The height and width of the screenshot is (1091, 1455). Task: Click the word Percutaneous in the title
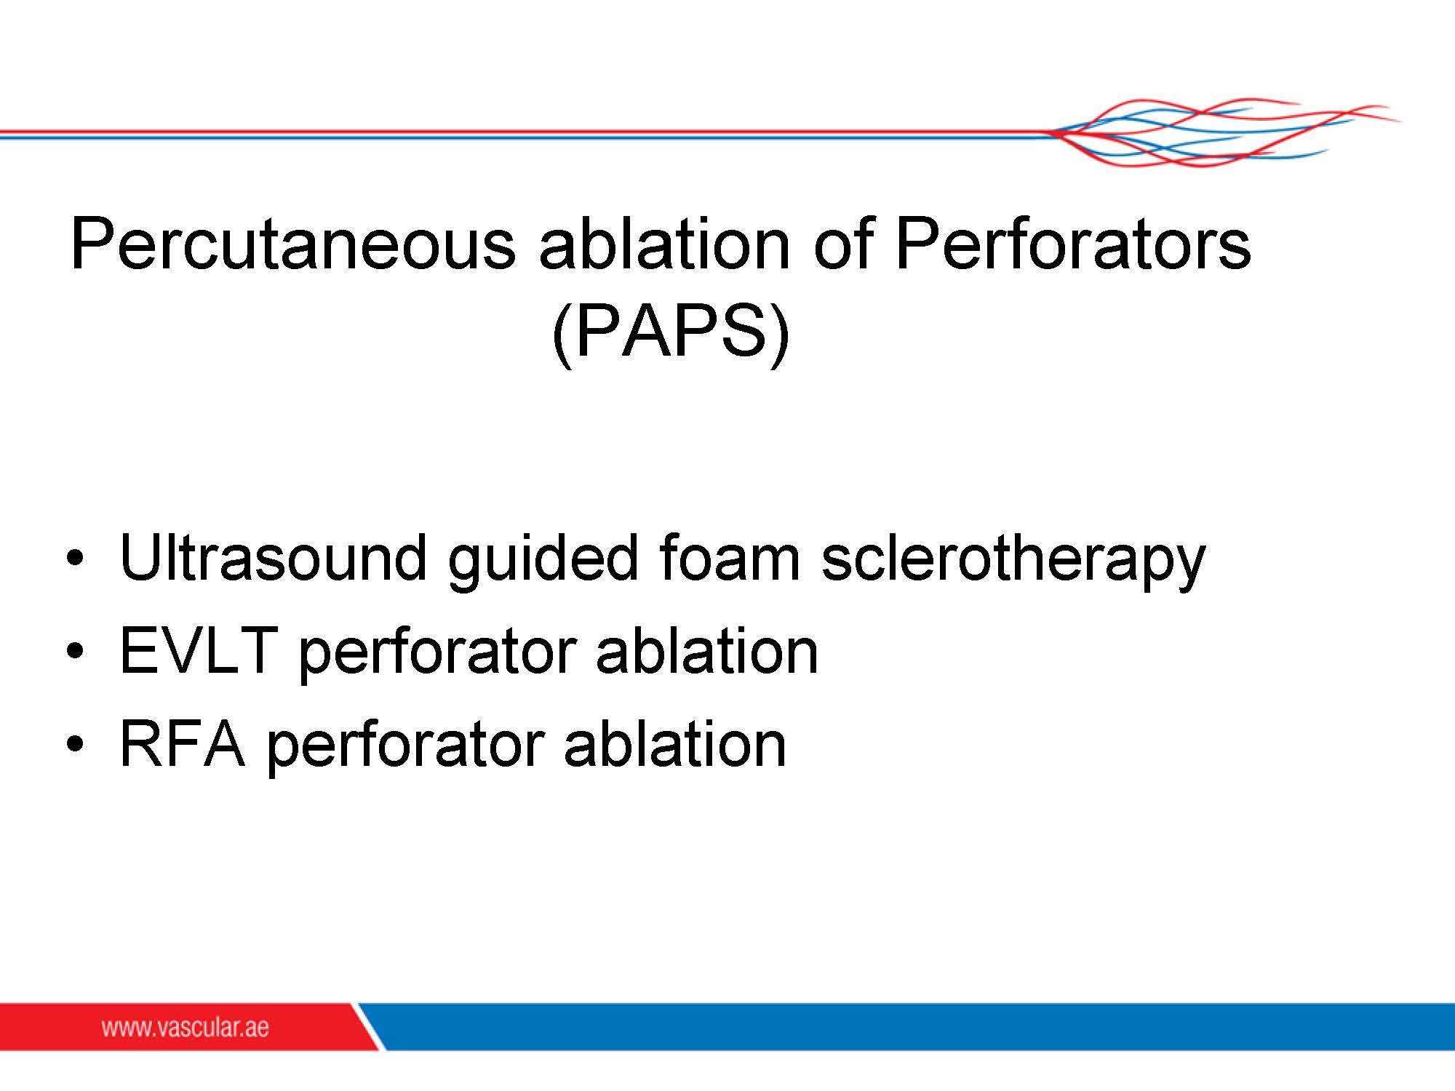[293, 244]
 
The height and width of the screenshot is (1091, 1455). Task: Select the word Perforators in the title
[1073, 244]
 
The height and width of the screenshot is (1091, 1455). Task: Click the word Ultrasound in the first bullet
[274, 558]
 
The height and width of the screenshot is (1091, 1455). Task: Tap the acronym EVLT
[199, 650]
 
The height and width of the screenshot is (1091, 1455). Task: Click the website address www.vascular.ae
[186, 1027]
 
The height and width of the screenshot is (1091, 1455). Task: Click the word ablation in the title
[664, 244]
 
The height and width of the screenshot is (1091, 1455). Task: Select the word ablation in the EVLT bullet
[707, 650]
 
